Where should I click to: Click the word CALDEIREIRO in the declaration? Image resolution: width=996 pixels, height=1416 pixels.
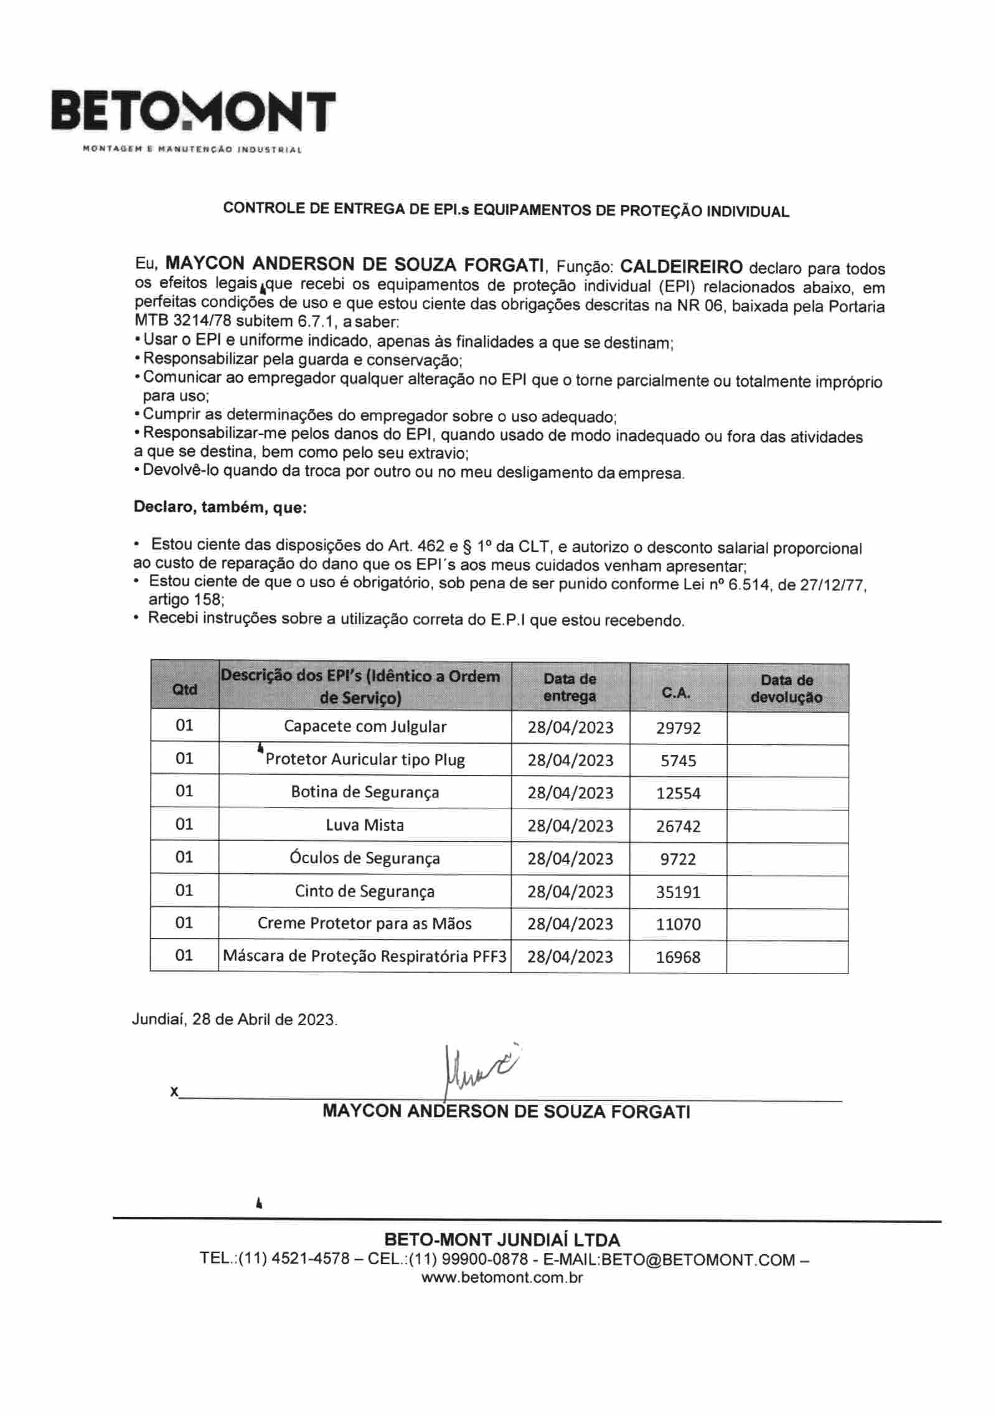[x=681, y=267]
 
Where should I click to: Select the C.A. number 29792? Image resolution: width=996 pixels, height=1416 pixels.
[x=678, y=728]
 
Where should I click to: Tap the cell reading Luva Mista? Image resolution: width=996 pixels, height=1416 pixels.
[x=365, y=825]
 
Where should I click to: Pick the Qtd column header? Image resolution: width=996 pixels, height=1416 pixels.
[x=184, y=689]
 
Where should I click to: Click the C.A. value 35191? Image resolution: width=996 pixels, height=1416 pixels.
[x=678, y=892]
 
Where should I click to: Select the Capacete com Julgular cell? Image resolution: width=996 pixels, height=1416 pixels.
[x=365, y=726]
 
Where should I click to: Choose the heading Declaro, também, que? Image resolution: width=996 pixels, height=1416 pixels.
[x=220, y=507]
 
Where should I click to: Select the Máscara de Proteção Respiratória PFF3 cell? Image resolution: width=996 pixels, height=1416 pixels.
[x=365, y=956]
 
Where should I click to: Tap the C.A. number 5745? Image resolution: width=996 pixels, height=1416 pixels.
[x=678, y=761]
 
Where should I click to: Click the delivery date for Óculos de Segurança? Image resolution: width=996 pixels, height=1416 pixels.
[x=570, y=859]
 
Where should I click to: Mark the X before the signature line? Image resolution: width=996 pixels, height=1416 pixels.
[x=174, y=1092]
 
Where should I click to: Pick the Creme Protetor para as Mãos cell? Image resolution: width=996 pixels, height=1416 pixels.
[x=365, y=924]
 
